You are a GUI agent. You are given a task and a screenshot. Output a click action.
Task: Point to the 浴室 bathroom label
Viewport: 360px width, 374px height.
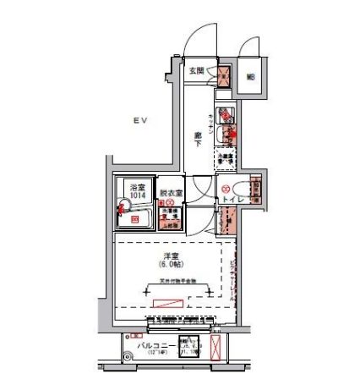135,185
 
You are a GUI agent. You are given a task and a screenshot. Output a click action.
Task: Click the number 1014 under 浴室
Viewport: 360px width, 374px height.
135,194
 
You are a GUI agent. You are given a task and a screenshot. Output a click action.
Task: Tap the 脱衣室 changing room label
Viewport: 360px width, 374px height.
170,193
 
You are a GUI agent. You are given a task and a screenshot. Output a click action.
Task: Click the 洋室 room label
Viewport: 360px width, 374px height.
171,255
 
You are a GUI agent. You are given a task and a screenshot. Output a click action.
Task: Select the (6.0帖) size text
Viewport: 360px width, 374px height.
171,263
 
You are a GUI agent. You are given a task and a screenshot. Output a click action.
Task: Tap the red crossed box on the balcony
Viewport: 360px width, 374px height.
216,348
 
